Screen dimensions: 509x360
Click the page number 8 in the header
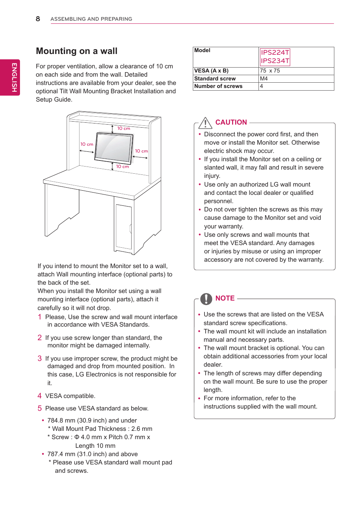(38, 19)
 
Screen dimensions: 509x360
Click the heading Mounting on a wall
(77, 51)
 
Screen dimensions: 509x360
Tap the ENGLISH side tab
(14, 77)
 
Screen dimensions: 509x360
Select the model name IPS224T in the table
(275, 52)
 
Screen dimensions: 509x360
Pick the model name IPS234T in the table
(275, 61)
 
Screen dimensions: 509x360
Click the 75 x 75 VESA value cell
(270, 71)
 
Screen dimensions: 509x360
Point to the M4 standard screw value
(264, 79)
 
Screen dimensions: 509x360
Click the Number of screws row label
(218, 86)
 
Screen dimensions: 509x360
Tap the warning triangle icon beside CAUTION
(205, 123)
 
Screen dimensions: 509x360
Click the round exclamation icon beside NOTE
(206, 299)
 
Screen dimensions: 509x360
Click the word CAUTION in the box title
(231, 122)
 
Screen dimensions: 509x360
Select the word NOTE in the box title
(225, 298)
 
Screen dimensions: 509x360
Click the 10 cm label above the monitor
(123, 128)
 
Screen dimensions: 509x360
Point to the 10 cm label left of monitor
(87, 144)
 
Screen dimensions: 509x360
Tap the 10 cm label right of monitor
(142, 151)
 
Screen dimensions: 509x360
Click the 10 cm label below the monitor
(122, 167)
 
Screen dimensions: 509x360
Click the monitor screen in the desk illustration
(114, 147)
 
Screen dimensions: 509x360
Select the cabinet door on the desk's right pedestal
(123, 227)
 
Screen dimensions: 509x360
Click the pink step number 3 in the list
(40, 358)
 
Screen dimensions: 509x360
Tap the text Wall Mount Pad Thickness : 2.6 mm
(102, 429)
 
